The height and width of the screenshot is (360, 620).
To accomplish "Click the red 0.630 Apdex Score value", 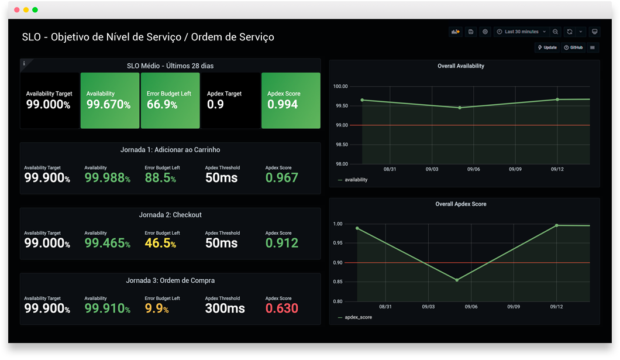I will (x=281, y=308).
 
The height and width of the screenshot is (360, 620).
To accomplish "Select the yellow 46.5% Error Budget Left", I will (x=160, y=243).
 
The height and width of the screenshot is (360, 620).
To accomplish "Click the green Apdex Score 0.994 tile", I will (x=290, y=100).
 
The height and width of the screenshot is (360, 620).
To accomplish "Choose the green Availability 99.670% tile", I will (x=110, y=100).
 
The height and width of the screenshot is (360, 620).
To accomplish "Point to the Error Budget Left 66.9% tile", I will (x=170, y=100).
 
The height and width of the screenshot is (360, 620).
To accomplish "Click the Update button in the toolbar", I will (x=547, y=47).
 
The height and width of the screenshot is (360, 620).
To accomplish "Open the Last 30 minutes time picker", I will (x=521, y=32).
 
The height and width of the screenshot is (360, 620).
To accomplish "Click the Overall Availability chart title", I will (x=461, y=66).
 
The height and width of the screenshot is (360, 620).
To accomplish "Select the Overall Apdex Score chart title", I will (x=461, y=204).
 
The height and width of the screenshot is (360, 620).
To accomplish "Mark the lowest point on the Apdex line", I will (x=457, y=280).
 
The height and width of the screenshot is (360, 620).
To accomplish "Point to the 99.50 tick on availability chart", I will (x=340, y=106).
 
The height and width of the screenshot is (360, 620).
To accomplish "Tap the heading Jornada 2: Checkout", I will (x=170, y=215).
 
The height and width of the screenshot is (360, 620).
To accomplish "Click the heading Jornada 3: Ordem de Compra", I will (x=170, y=280).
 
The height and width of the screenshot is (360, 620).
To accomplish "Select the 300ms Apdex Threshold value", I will (x=225, y=308).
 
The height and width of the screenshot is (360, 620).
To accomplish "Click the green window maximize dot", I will (x=35, y=10).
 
